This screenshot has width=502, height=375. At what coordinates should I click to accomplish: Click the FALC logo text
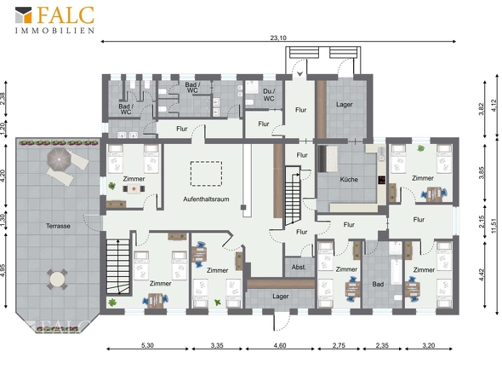66,14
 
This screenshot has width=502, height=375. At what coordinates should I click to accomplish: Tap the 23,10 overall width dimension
278,37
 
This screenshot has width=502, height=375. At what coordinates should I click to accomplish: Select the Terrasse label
58,226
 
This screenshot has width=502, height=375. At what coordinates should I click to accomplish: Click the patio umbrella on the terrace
60,159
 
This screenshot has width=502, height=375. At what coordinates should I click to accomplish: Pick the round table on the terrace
57,280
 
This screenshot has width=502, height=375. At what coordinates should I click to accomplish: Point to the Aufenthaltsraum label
206,199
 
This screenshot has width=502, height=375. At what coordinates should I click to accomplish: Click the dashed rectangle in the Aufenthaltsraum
206,174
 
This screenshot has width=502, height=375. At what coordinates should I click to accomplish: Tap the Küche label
349,179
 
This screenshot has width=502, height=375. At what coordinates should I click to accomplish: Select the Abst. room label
299,267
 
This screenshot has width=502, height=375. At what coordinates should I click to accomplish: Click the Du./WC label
269,95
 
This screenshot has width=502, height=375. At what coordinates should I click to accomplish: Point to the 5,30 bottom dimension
147,345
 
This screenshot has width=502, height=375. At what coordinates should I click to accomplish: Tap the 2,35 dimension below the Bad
382,345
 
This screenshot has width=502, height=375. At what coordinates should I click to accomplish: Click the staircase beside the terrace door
117,266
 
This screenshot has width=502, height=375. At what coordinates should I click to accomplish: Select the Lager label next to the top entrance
344,105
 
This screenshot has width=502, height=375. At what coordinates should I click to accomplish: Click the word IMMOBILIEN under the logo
55,31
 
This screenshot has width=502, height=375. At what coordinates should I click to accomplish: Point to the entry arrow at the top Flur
299,74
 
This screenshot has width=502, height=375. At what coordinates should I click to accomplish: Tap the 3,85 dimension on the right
482,172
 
